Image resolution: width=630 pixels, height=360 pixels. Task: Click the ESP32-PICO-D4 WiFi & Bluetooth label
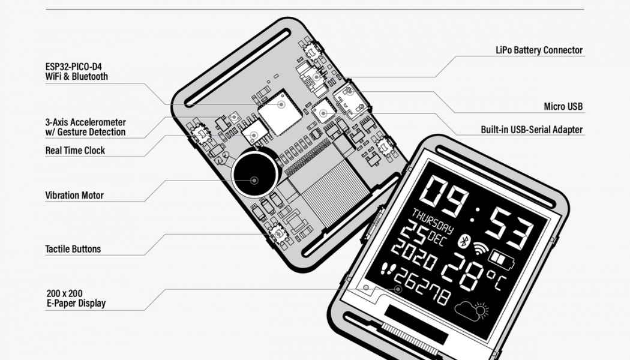click(76, 71)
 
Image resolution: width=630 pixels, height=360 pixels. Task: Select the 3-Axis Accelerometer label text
click(85, 127)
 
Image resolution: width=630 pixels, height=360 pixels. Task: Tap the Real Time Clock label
click(75, 151)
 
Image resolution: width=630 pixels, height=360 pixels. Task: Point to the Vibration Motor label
click(74, 195)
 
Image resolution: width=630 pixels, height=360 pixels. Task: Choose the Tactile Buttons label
click(73, 249)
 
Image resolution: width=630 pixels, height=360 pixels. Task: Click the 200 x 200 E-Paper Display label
click(76, 298)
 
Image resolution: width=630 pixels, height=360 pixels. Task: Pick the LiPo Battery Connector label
click(539, 50)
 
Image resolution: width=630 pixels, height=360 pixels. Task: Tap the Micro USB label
click(563, 107)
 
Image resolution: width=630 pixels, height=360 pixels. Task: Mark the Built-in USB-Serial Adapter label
click(531, 130)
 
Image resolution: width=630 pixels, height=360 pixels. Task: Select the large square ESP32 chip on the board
click(280, 113)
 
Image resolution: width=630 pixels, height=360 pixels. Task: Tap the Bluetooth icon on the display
click(463, 241)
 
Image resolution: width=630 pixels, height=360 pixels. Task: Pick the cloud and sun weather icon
click(471, 311)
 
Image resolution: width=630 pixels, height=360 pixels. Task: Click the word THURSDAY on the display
click(432, 219)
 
